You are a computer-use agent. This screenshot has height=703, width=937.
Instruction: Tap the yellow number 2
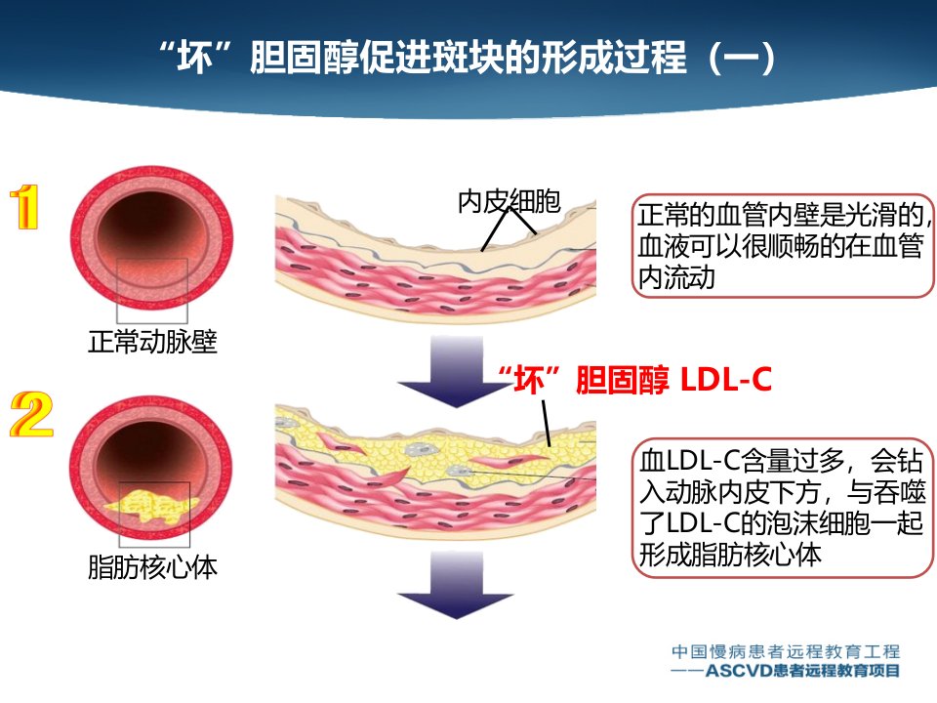(x=31, y=414)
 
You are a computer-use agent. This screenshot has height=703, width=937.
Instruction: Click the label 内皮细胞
(x=509, y=201)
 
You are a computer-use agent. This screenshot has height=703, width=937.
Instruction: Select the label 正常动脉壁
(x=152, y=342)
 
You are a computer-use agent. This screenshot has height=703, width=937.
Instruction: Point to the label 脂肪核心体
(x=152, y=566)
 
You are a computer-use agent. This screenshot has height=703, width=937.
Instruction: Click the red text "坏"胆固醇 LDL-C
(x=634, y=379)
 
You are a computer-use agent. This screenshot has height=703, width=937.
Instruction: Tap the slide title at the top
(x=468, y=58)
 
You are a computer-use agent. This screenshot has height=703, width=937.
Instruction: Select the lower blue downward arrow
(x=456, y=585)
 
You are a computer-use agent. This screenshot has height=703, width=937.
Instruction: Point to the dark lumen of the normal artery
(x=150, y=227)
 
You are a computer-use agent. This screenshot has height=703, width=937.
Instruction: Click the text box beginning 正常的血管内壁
(x=784, y=246)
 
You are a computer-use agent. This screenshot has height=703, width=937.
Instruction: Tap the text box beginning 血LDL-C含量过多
(x=782, y=508)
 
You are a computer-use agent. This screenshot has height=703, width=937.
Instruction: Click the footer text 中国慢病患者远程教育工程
(x=786, y=651)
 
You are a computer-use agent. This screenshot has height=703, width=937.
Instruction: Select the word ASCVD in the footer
(x=739, y=671)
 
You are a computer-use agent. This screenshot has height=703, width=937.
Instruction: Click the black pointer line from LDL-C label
(x=547, y=424)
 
